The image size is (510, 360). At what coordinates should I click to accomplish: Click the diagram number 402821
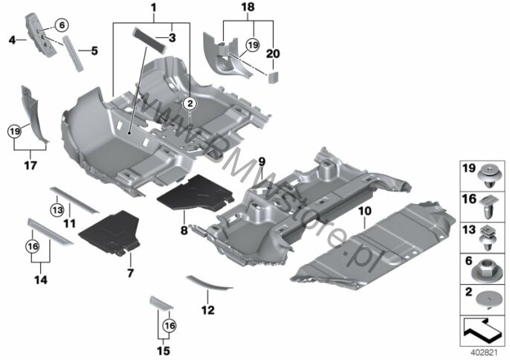484,353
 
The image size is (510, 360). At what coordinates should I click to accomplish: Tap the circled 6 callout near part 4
62,25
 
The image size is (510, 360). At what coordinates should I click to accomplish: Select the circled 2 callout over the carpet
190,103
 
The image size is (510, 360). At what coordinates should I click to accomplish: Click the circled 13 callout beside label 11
57,210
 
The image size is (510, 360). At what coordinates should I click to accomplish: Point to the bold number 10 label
364,211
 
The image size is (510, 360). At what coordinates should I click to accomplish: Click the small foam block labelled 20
273,77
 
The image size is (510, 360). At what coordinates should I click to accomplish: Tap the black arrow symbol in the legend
482,330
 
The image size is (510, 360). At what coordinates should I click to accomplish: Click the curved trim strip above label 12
209,283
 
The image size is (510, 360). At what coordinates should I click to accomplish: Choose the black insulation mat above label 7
109,232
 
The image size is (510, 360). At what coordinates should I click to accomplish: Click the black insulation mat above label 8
195,193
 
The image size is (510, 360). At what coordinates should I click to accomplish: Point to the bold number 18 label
248,7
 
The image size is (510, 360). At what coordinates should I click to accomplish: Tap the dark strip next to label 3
149,39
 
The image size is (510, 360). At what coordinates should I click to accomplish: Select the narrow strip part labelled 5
73,53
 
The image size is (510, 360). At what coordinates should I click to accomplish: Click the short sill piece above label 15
161,303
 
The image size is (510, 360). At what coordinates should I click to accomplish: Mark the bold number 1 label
153,7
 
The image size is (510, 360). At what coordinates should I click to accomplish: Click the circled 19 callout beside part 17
14,132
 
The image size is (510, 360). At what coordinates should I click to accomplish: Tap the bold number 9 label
262,161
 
